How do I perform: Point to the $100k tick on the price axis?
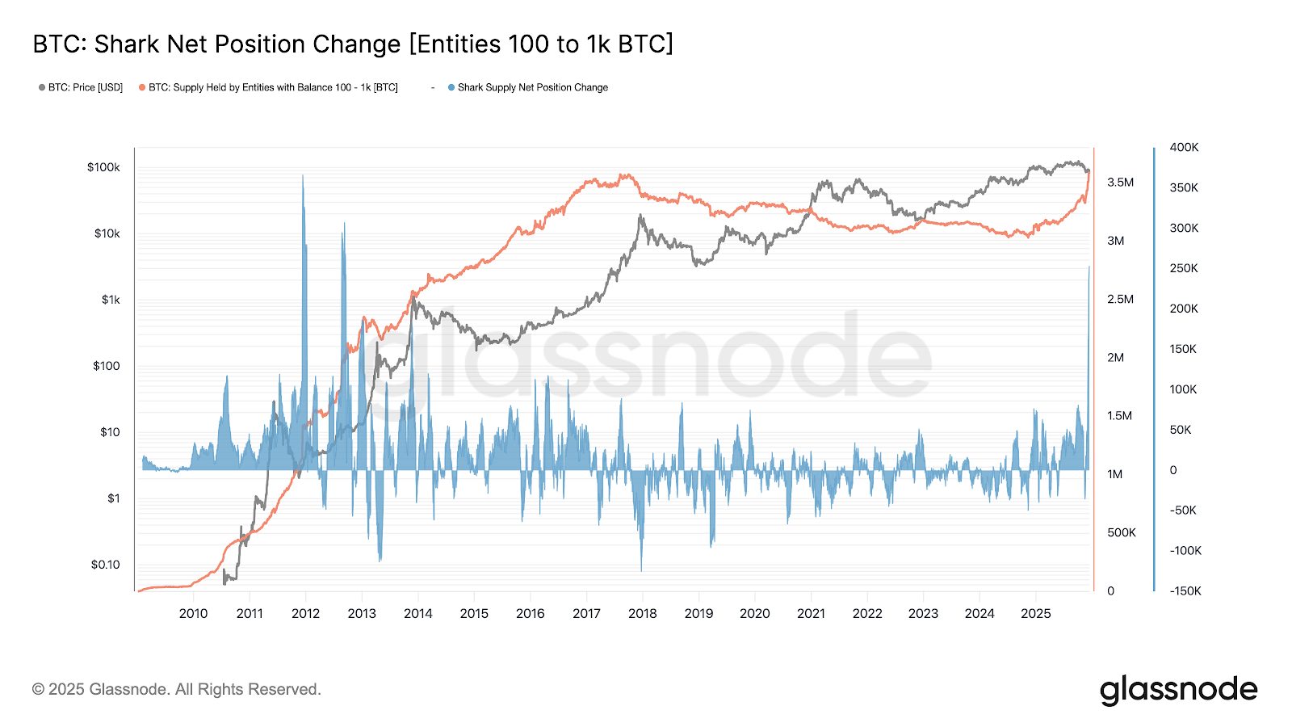tap(103, 167)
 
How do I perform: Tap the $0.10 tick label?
tap(105, 565)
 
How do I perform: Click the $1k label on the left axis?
tap(111, 300)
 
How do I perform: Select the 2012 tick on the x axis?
tap(305, 613)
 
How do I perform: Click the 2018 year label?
tap(642, 613)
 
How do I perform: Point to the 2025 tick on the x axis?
tap(1035, 613)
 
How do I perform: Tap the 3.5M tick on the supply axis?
tap(1120, 183)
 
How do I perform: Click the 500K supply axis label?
tap(1121, 532)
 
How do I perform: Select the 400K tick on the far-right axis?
tap(1184, 147)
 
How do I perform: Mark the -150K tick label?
tap(1185, 590)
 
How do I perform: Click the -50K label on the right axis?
tap(1183, 510)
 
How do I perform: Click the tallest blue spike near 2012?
tap(303, 176)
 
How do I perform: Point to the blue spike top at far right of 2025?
tap(1089, 267)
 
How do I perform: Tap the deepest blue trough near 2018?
tap(641, 570)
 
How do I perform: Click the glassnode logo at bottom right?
tap(1178, 691)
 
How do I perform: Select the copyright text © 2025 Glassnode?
tap(176, 689)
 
